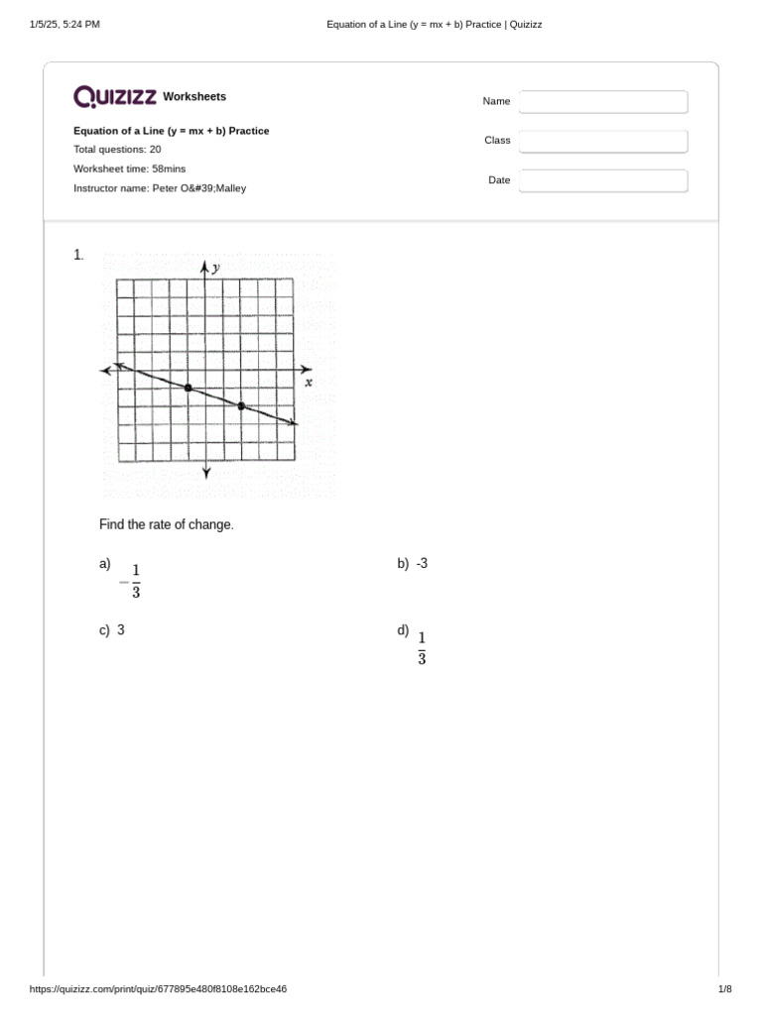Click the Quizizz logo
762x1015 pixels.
pyautogui.click(x=114, y=96)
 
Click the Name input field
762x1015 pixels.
pyautogui.click(x=603, y=102)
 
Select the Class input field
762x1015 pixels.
pyautogui.click(x=603, y=142)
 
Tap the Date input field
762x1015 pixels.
pyautogui.click(x=603, y=180)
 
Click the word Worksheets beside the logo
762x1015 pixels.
pyautogui.click(x=194, y=97)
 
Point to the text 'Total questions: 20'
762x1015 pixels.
pyautogui.click(x=117, y=150)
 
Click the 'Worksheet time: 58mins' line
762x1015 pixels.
pyautogui.click(x=130, y=169)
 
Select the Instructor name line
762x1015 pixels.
pyautogui.click(x=160, y=187)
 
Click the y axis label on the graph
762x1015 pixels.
pyautogui.click(x=216, y=268)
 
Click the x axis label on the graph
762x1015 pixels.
pyautogui.click(x=309, y=382)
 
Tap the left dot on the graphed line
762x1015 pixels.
pyautogui.click(x=189, y=388)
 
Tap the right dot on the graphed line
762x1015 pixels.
pyautogui.click(x=241, y=405)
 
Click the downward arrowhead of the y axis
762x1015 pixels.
pyautogui.click(x=206, y=473)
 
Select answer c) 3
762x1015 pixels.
pyautogui.click(x=119, y=629)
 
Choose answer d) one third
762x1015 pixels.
pyautogui.click(x=422, y=647)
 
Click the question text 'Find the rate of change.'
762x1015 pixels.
pyautogui.click(x=167, y=524)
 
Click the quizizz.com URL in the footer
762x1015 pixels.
pyautogui.click(x=159, y=989)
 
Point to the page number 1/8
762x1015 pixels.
pyautogui.click(x=724, y=989)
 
